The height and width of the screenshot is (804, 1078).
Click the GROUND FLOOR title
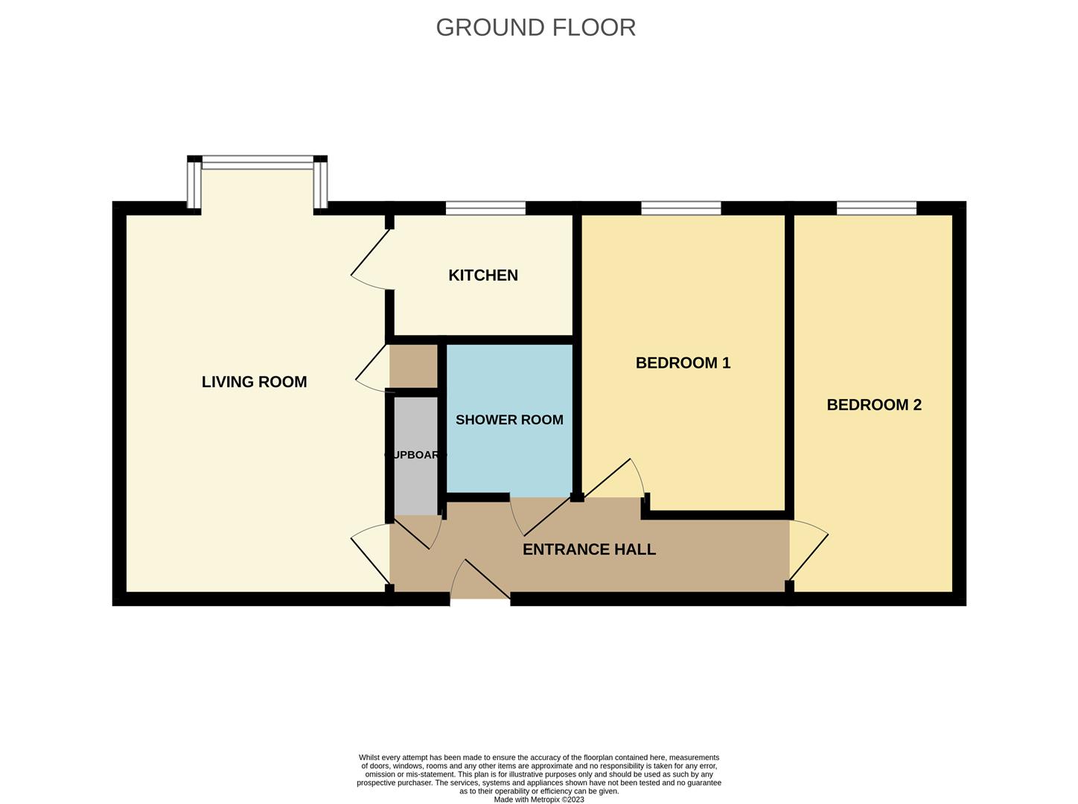coord(535,28)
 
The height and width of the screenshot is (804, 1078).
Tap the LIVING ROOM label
coord(254,382)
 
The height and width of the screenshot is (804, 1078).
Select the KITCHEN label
coord(482,275)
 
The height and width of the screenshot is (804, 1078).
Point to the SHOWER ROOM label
coord(509,420)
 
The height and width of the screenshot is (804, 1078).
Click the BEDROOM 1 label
coord(683,363)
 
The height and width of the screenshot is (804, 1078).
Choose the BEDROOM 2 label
coord(874,405)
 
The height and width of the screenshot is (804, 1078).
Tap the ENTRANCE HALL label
coord(589,549)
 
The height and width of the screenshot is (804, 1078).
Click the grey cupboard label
coord(415,455)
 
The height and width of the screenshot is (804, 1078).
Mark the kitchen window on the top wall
coord(485,208)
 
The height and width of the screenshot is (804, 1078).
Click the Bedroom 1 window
coord(680,208)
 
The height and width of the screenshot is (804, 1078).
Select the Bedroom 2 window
coord(876,208)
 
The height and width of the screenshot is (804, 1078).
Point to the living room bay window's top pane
coord(258,162)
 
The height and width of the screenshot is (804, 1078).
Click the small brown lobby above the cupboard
coord(414,366)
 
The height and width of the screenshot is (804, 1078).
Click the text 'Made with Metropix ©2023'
coord(539,800)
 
